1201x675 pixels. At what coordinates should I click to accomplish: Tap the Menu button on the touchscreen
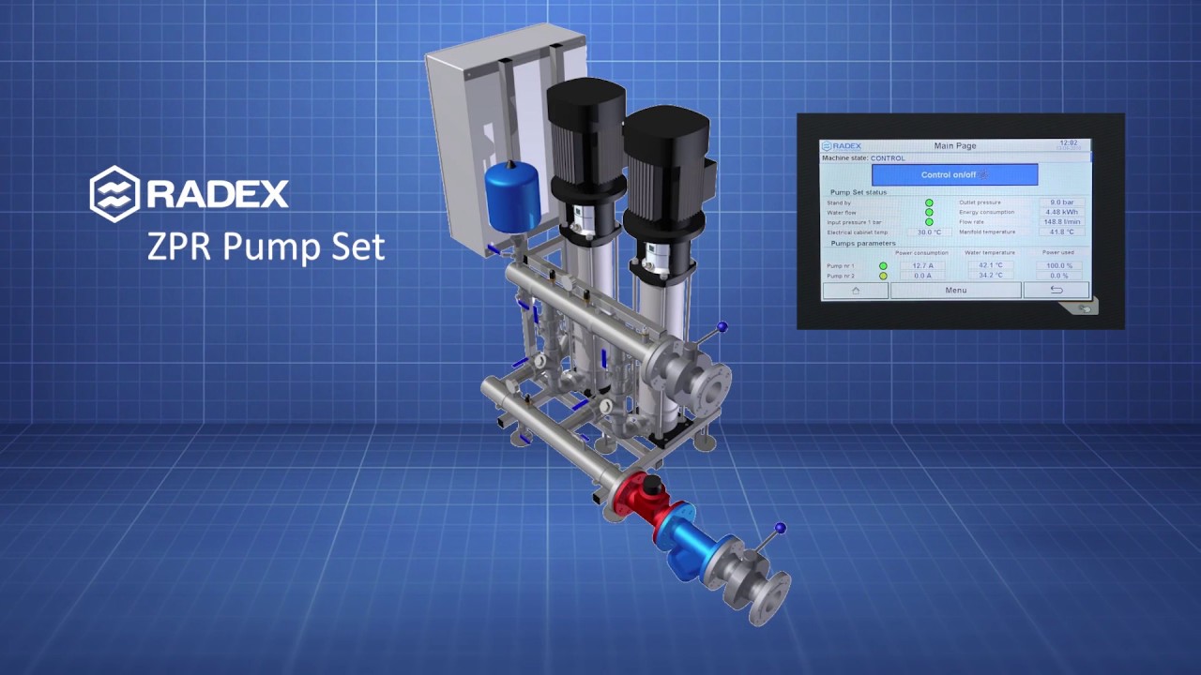point(955,291)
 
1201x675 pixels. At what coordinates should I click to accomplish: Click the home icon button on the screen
point(855,291)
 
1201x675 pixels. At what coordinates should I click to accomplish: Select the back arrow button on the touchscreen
point(1056,291)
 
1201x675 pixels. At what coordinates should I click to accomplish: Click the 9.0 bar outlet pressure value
point(1061,202)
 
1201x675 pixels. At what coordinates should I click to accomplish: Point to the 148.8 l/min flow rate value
point(1061,222)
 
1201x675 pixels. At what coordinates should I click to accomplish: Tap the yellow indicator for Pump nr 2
point(883,276)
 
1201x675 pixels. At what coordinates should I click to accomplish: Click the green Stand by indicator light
point(929,202)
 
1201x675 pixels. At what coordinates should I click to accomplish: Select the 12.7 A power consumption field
point(922,266)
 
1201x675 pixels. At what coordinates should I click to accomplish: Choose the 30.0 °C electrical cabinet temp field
point(929,232)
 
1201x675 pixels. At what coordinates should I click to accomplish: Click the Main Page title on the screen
point(955,146)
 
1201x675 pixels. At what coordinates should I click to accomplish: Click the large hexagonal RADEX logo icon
point(114,194)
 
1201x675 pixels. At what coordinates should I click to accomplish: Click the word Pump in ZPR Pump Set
point(266,247)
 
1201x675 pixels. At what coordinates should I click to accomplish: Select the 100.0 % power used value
point(1058,266)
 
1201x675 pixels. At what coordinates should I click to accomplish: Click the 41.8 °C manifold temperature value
point(1061,232)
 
